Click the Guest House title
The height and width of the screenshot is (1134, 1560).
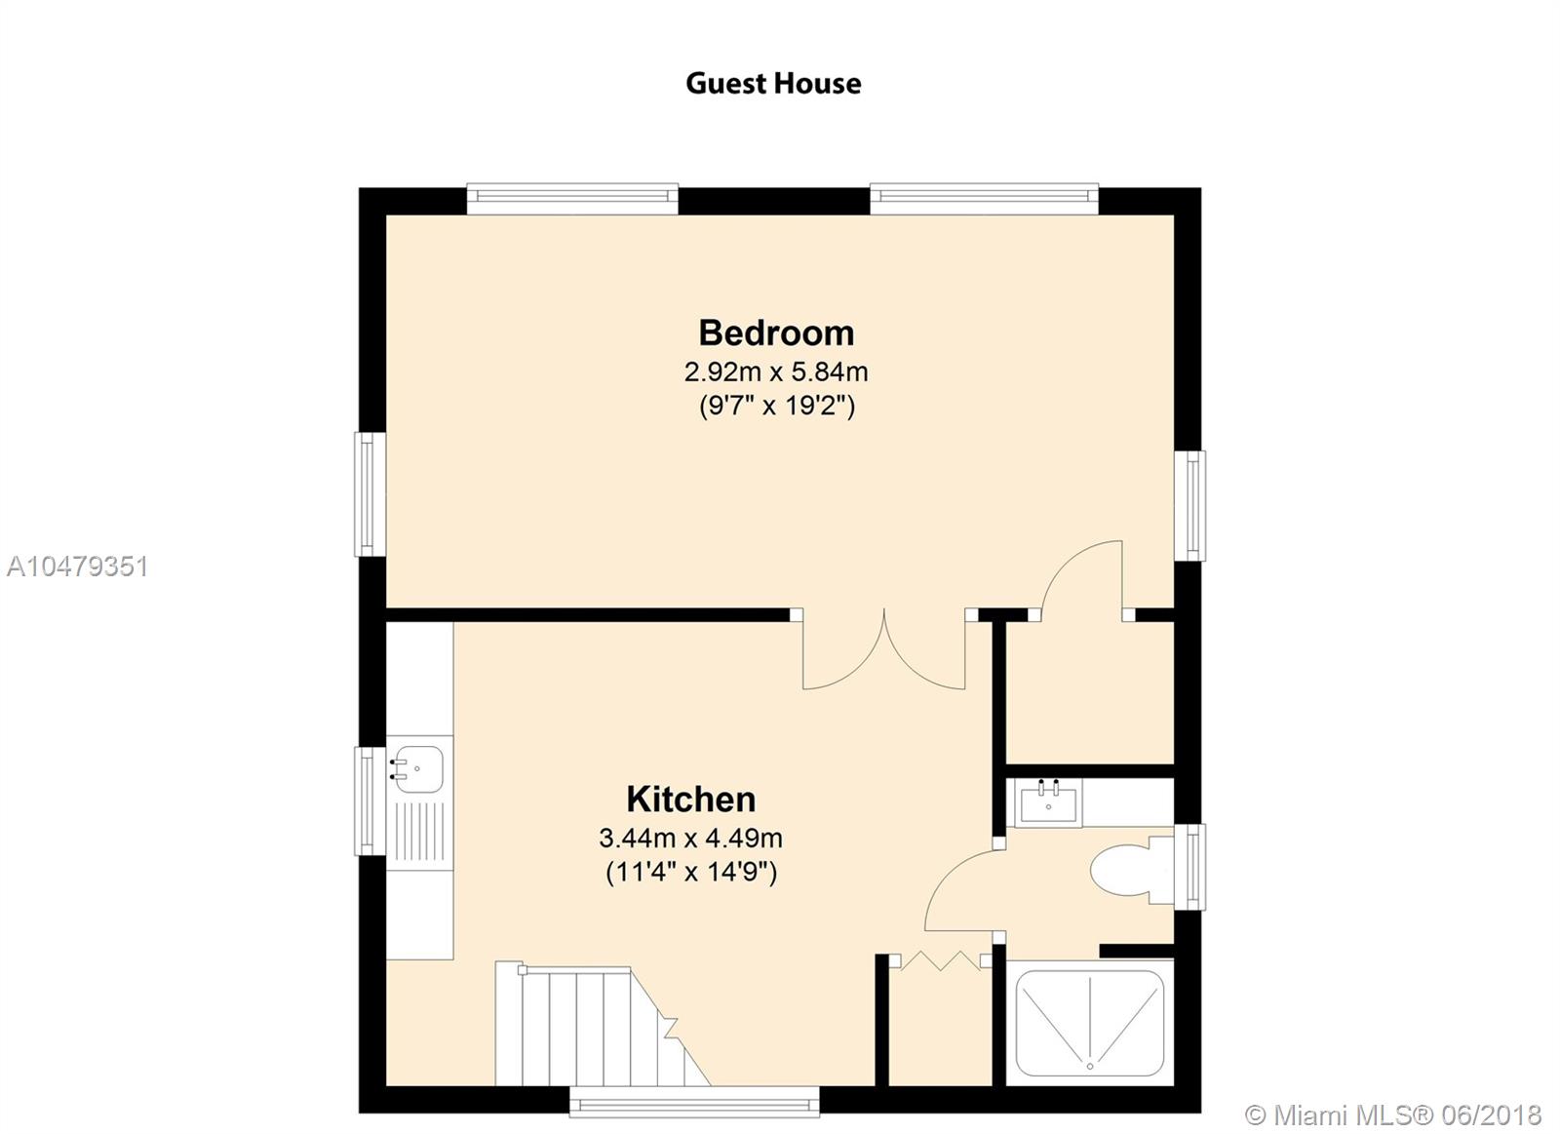pyautogui.click(x=773, y=84)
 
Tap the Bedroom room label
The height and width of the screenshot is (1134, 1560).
pyautogui.click(x=776, y=332)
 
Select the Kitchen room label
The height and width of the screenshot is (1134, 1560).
pyautogui.click(x=691, y=799)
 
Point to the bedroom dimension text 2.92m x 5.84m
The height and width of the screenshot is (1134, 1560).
pyautogui.click(x=776, y=371)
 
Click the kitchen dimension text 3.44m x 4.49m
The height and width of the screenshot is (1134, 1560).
pyautogui.click(x=691, y=838)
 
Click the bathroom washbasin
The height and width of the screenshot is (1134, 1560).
pyautogui.click(x=1048, y=802)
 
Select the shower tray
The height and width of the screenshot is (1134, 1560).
pyautogui.click(x=1090, y=1023)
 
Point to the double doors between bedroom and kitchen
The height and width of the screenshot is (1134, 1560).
pyautogui.click(x=883, y=651)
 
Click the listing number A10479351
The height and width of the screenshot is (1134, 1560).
pyautogui.click(x=77, y=567)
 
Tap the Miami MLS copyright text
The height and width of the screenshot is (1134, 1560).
pyautogui.click(x=1393, y=1115)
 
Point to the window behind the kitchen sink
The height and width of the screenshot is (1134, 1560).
pyautogui.click(x=370, y=802)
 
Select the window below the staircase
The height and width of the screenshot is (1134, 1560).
pyautogui.click(x=694, y=1101)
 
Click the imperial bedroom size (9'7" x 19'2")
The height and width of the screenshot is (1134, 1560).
pyautogui.click(x=776, y=406)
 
